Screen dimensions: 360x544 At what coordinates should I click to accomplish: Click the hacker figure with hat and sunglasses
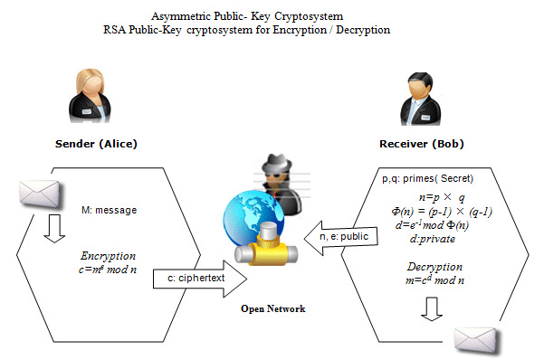pyautogui.click(x=272, y=175)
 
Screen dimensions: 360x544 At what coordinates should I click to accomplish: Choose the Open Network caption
pyautogui.click(x=272, y=308)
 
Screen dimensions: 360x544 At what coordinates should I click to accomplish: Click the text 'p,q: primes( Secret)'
pyautogui.click(x=428, y=178)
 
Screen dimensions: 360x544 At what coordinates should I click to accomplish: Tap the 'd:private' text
pyautogui.click(x=433, y=239)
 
